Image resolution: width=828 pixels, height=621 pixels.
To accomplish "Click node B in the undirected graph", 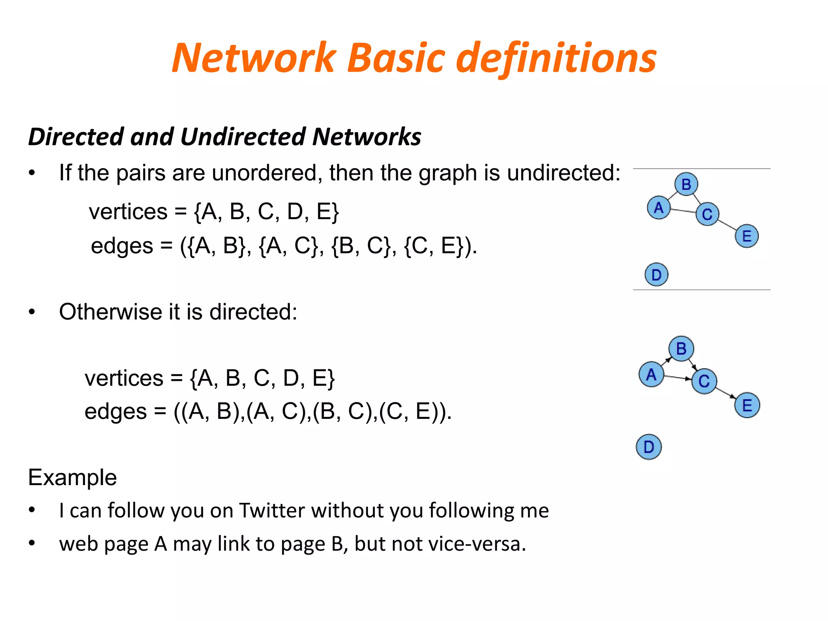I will (x=686, y=184).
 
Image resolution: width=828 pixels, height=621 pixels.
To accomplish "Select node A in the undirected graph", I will (x=659, y=208).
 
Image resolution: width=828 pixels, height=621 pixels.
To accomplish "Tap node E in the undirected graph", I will (x=746, y=236).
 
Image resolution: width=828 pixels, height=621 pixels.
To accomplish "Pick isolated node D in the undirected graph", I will (x=656, y=275).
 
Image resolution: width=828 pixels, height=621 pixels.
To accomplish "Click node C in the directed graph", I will (x=704, y=381).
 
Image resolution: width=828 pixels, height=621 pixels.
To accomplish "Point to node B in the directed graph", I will (x=681, y=349).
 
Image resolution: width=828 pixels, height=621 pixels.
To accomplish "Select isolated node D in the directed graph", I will (x=648, y=447).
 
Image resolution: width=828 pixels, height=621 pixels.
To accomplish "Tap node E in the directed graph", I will (x=747, y=405).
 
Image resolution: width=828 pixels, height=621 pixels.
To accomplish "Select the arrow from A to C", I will (x=678, y=378).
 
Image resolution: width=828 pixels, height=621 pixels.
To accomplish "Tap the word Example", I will (x=72, y=477).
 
